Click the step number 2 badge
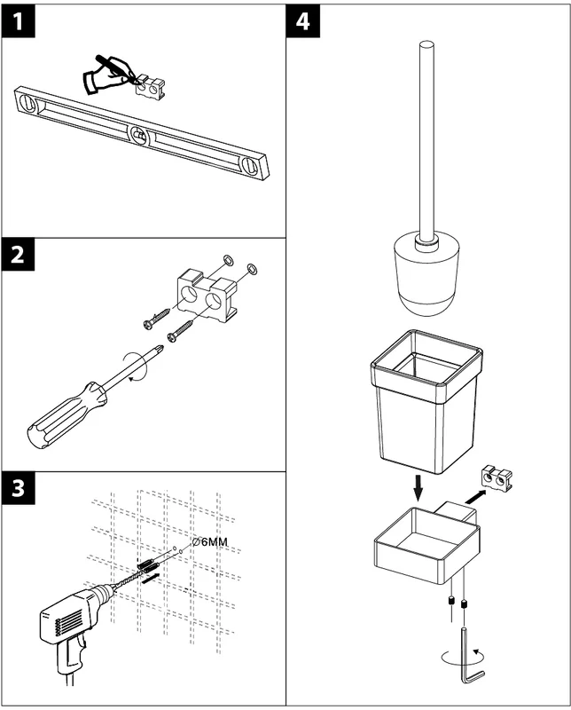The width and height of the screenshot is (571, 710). click(20, 257)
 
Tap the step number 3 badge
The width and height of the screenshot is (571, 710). click(20, 490)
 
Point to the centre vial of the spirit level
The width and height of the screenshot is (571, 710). click(138, 135)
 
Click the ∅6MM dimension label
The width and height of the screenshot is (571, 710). click(211, 541)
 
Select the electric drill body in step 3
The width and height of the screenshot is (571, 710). click(71, 617)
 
